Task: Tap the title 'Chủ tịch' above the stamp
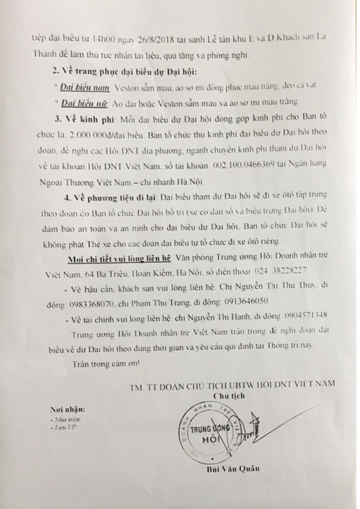[x=228, y=396]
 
